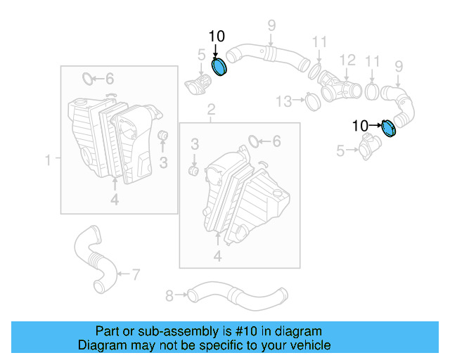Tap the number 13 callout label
click(x=283, y=102)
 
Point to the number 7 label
click(x=136, y=273)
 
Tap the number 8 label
click(x=169, y=295)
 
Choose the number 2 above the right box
click(x=210, y=110)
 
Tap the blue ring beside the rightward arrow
click(x=389, y=129)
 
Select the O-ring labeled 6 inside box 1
click(x=88, y=78)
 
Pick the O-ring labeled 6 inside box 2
click(x=255, y=141)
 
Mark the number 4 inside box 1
click(x=114, y=200)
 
